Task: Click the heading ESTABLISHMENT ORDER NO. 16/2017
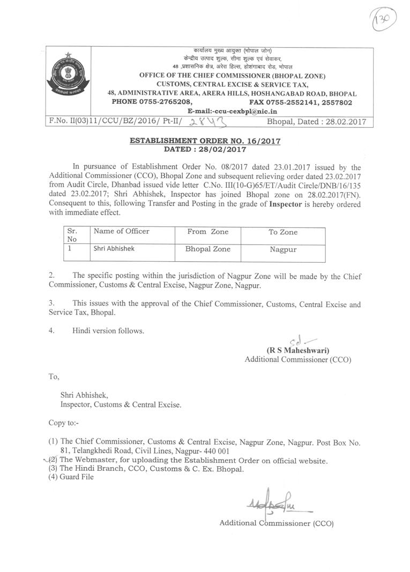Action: tap(205, 141)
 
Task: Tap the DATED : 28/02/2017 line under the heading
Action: tap(205, 149)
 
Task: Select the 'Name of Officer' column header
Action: tap(122, 231)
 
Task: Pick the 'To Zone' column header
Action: tap(283, 232)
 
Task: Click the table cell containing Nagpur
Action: tap(283, 249)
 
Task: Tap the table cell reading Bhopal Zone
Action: tap(208, 249)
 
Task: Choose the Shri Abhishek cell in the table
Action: tap(114, 249)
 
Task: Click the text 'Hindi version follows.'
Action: tap(108, 331)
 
